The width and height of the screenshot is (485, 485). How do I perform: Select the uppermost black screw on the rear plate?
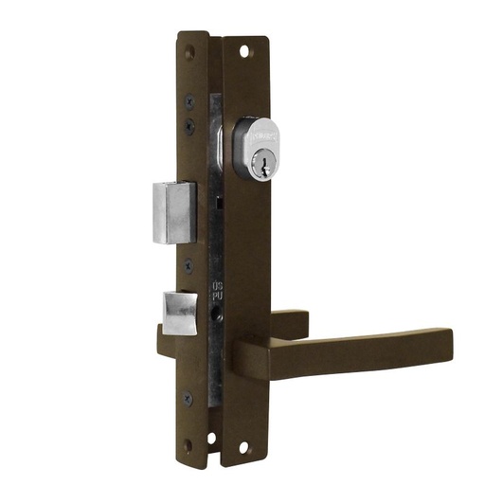click(x=189, y=101)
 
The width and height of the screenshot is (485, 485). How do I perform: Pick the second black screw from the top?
click(x=189, y=124)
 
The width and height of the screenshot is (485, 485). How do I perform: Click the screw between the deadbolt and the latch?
click(x=189, y=266)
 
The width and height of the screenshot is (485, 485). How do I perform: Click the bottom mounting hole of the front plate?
click(x=244, y=446)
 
